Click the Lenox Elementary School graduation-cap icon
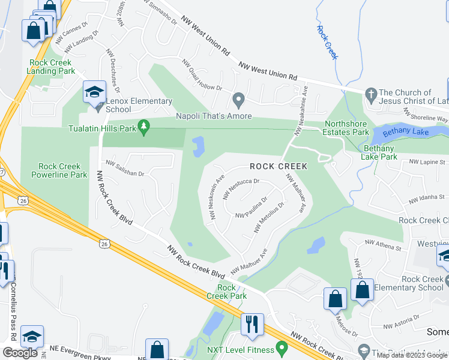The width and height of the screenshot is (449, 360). [x=94, y=92]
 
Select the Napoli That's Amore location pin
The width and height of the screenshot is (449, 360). [x=239, y=99]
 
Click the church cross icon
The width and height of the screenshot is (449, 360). [x=370, y=93]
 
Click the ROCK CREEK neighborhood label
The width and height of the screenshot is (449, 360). [x=279, y=166]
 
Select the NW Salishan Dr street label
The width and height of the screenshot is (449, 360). [x=125, y=168]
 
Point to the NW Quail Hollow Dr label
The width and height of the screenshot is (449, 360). [x=202, y=77]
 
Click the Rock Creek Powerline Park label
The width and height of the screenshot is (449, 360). [x=62, y=171]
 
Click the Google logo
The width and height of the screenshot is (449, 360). [x=20, y=353]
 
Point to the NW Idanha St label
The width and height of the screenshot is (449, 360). [x=428, y=198]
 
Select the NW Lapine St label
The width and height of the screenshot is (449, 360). [x=428, y=162]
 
